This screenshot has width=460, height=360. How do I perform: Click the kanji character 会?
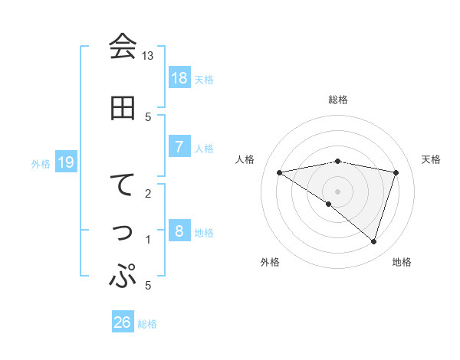click(123, 47)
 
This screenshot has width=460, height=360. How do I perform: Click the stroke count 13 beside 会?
click(148, 56)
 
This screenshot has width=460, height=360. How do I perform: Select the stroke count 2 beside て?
click(148, 193)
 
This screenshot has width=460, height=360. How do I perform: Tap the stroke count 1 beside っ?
click(148, 240)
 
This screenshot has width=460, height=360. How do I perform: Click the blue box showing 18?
click(179, 77)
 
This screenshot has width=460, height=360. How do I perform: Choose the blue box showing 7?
click(179, 146)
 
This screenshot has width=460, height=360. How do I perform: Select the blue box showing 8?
click(179, 231)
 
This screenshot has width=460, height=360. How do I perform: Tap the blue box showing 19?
click(66, 162)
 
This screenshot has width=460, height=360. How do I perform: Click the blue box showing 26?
click(123, 322)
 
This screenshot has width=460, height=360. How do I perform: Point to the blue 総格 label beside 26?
click(147, 324)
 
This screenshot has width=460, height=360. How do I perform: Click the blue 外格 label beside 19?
click(41, 163)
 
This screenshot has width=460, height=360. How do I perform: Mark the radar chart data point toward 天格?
click(396, 172)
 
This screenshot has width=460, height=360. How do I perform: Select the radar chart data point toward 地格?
click(373, 241)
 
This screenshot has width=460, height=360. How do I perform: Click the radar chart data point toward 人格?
click(280, 172)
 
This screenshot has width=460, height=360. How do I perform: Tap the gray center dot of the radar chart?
click(337, 191)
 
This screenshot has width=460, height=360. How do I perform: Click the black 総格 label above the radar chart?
click(337, 100)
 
